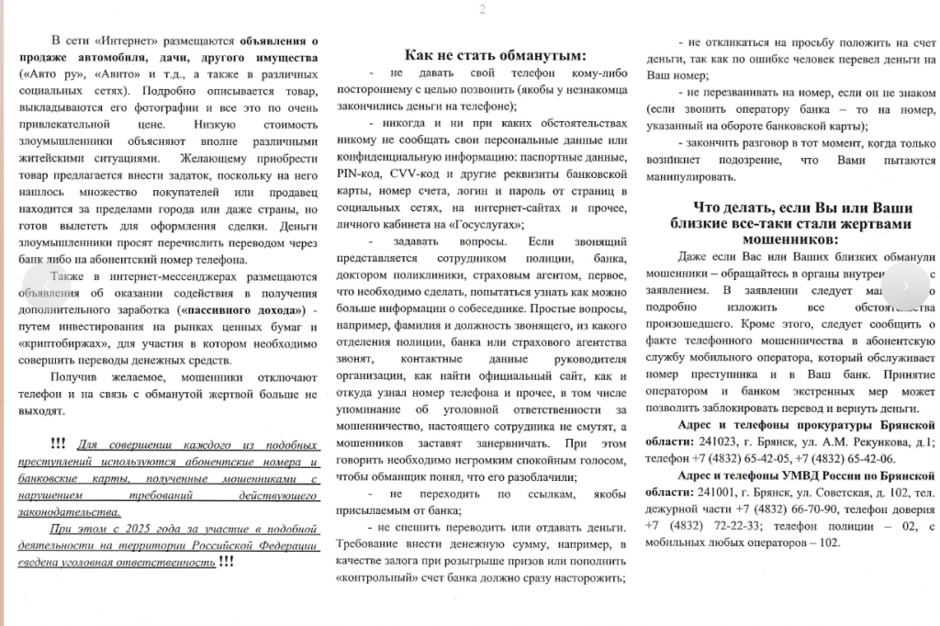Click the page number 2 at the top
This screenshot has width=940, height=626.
(x=482, y=9)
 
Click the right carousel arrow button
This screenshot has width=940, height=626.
(x=904, y=285)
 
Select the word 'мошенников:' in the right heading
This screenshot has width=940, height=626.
(x=789, y=239)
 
